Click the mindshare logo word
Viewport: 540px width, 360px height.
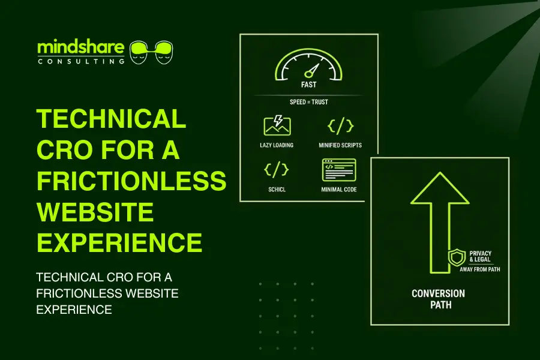tap(81, 47)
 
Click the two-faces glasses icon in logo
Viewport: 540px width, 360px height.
tap(151, 52)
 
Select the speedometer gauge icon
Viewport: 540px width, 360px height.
tap(308, 67)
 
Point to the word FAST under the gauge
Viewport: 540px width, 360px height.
tap(308, 85)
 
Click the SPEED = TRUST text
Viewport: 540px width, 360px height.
tap(308, 102)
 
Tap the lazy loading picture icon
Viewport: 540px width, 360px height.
tap(277, 125)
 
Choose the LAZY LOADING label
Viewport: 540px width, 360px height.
tap(277, 145)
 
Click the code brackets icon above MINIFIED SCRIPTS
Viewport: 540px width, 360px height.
tap(340, 125)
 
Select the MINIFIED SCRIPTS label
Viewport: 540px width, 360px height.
tap(340, 145)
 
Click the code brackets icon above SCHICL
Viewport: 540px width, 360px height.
tap(277, 170)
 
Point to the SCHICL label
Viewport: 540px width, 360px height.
tap(277, 189)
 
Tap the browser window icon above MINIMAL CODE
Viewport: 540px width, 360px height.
tap(340, 170)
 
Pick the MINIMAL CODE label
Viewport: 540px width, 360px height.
tap(340, 189)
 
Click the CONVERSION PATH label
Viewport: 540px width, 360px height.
tap(438, 299)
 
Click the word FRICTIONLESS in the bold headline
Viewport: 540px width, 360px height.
tap(131, 181)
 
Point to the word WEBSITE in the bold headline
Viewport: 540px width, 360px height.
tap(95, 212)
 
